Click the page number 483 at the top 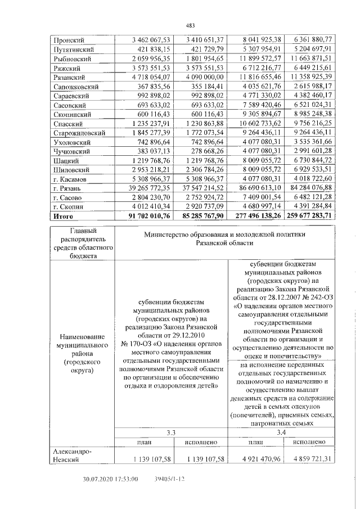pyautogui.click(x=190, y=25)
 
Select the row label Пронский pyautogui.click(x=68, y=40)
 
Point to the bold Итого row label pyautogui.click(x=63, y=215)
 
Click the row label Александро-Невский pyautogui.click(x=71, y=455)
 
